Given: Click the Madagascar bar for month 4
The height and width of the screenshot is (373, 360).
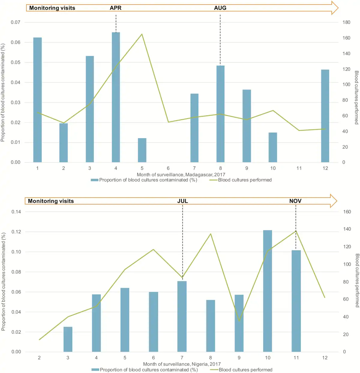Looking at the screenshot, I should [116, 97].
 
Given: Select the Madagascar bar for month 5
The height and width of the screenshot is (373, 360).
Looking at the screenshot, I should [142, 150].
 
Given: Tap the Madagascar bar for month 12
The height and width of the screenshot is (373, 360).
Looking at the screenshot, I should [325, 116].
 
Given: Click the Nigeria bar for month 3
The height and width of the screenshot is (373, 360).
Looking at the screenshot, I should [68, 339].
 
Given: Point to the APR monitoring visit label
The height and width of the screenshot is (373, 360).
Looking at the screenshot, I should [115, 8].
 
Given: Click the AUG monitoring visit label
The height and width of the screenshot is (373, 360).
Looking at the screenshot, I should [220, 8].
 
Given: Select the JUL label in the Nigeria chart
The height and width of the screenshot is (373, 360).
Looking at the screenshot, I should [182, 201].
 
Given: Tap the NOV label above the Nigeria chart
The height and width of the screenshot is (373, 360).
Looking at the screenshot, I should [295, 201].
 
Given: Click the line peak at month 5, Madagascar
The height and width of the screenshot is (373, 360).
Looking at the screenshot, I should [142, 34].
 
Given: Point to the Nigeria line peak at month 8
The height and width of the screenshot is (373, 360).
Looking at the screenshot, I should [211, 234].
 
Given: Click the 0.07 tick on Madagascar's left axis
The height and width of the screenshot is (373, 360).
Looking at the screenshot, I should [16, 22].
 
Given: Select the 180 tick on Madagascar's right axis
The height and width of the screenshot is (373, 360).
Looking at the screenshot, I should [346, 22].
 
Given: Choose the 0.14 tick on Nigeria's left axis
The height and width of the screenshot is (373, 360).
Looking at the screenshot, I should [16, 212].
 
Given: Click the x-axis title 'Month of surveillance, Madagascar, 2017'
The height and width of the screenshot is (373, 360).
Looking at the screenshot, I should [181, 174].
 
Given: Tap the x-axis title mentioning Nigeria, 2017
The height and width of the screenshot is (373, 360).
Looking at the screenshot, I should [182, 364].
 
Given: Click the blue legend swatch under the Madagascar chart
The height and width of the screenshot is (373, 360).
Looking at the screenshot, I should [94, 180].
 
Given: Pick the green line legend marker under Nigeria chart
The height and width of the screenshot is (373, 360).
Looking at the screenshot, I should [214, 370].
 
